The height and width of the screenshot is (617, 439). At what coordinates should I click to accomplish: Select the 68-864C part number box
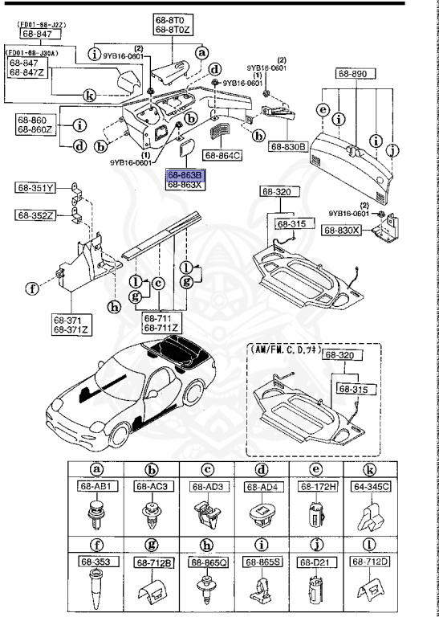(x=223, y=155)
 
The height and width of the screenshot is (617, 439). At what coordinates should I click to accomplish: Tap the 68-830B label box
(x=288, y=147)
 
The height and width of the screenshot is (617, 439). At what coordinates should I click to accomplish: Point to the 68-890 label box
(x=352, y=73)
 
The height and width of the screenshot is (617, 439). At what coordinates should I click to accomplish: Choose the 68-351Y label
(x=35, y=189)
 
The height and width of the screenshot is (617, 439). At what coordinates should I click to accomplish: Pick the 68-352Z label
(x=35, y=215)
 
